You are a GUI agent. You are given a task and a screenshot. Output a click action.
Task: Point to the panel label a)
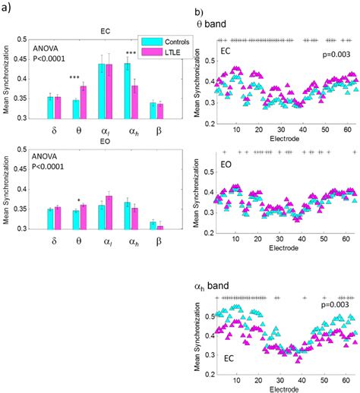coord(9,8)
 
